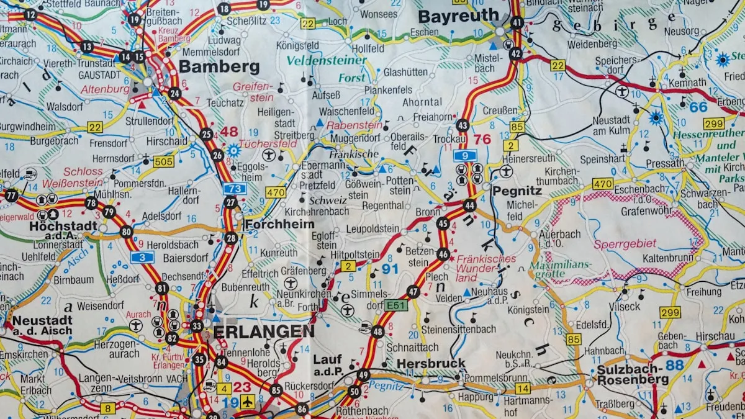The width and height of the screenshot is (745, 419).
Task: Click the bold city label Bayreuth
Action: coord(458,16)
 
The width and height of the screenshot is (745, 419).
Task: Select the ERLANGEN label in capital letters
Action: coord(263,331)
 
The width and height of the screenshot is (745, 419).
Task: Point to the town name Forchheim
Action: coord(279,224)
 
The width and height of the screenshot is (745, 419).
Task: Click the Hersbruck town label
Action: coord(430,363)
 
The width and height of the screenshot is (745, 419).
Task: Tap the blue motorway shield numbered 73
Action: coord(235,188)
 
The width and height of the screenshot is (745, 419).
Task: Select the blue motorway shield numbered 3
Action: coord(142,257)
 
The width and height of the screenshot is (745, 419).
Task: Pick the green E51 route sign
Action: coord(395,305)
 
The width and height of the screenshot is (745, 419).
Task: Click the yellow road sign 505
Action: coord(163,162)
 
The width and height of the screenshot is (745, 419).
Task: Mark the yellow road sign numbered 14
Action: coord(522,389)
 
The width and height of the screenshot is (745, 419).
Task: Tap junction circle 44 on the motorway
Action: coord(469,205)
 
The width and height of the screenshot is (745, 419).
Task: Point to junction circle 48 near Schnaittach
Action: coord(377,331)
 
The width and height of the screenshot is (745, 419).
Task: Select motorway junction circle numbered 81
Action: coord(162,288)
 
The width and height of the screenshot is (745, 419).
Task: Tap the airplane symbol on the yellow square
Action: coord(248,402)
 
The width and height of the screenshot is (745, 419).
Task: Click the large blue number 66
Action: coord(698,107)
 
